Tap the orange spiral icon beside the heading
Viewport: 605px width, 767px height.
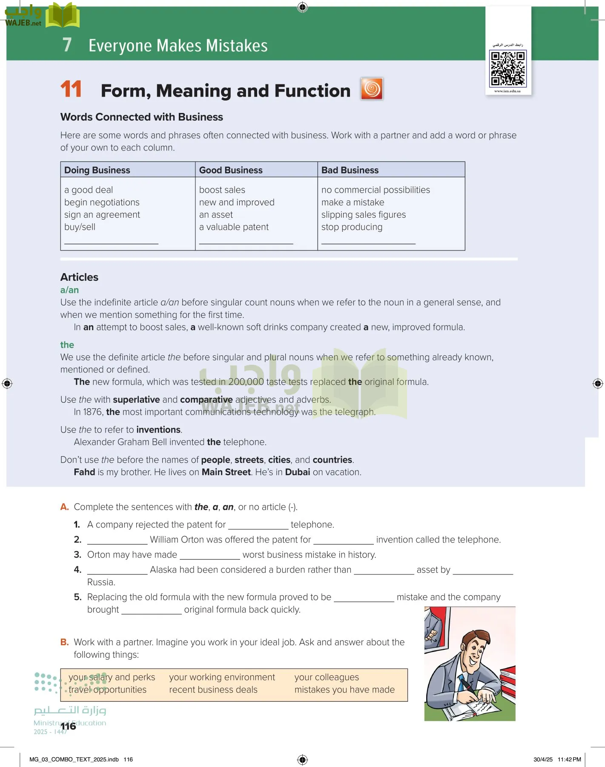[x=372, y=89]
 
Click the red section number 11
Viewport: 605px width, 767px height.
[x=71, y=89]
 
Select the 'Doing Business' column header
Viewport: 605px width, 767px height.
[x=97, y=170]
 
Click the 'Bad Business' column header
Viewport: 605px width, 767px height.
[x=350, y=170]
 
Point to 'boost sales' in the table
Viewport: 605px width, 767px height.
[x=222, y=190]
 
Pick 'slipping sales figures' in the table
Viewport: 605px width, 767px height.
[x=363, y=215]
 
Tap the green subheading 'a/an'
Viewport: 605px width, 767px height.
[x=69, y=290]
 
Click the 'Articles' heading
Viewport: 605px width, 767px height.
[x=79, y=277]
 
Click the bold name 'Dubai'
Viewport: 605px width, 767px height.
[x=297, y=472]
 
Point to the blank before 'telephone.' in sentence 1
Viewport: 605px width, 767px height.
[x=258, y=525]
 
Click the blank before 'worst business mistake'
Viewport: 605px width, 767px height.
[x=209, y=555]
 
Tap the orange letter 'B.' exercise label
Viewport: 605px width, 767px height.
[x=64, y=642]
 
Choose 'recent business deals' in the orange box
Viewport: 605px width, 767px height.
[x=213, y=689]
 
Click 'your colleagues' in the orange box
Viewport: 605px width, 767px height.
[x=327, y=677]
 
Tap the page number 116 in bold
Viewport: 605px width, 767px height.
[x=68, y=726]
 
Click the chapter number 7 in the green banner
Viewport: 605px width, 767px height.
[x=67, y=45]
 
